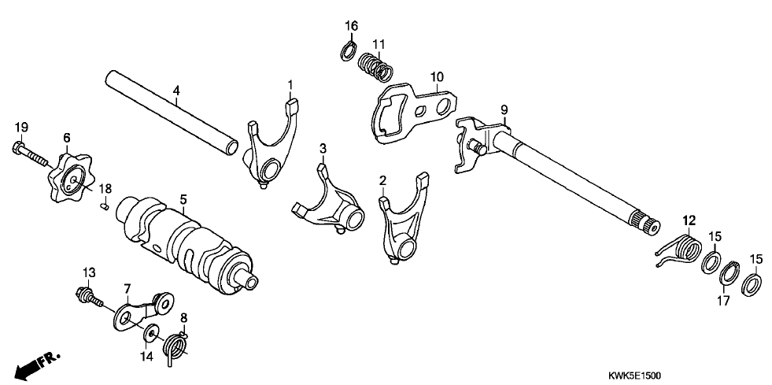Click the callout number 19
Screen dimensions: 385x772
(x=21, y=127)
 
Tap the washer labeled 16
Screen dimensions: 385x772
(x=347, y=52)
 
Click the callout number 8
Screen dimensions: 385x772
(x=184, y=318)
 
